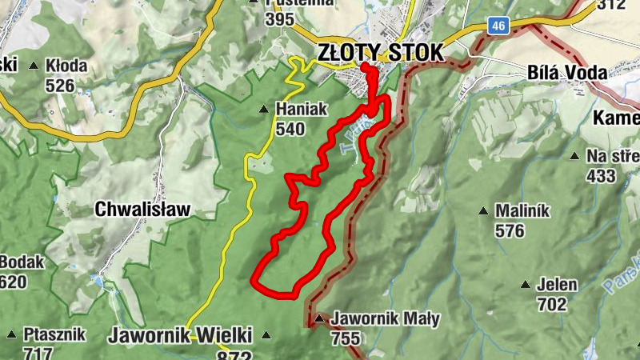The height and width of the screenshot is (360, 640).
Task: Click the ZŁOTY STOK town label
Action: (379, 53)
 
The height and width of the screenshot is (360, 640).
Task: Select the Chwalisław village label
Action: (142, 210)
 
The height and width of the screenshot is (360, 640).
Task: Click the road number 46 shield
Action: (498, 26)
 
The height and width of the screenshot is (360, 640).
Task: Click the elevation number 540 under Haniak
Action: (290, 128)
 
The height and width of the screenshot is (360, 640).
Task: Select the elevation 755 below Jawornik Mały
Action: (345, 338)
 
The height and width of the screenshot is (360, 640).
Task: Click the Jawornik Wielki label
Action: (180, 334)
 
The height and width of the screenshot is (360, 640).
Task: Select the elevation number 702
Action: (552, 304)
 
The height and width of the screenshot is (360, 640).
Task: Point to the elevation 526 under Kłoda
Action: (60, 85)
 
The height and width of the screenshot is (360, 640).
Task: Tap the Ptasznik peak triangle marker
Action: (11, 334)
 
